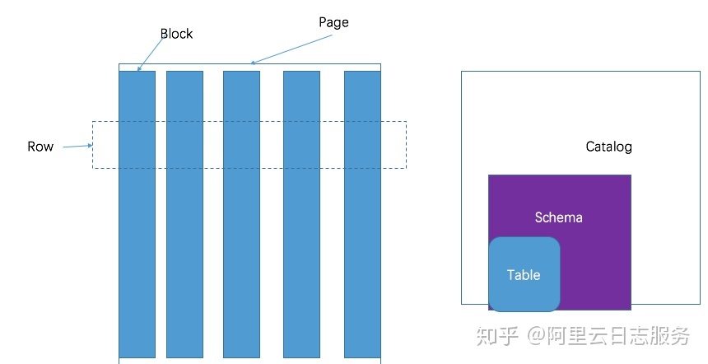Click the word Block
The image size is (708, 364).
[x=176, y=34]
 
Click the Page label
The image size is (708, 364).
[x=333, y=22]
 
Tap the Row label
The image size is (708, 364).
[x=40, y=147]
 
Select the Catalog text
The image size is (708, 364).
[x=608, y=147]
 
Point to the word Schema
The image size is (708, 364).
[x=558, y=217]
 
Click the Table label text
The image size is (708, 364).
[x=524, y=275]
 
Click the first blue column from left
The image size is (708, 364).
[x=137, y=214]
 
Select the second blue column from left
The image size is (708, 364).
[x=184, y=214]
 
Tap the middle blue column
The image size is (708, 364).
[x=241, y=214]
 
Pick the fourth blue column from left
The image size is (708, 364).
[x=301, y=214]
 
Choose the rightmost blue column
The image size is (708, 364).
[x=362, y=214]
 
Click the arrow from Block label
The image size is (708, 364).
[x=151, y=54]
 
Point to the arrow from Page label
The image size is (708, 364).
[x=291, y=49]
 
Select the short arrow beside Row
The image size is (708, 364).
[x=77, y=146]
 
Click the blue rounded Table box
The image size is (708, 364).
[x=524, y=274]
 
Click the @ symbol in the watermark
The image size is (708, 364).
[x=535, y=335]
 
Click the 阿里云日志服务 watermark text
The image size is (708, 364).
[x=618, y=335]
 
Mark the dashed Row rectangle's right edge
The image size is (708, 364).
[x=407, y=145]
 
